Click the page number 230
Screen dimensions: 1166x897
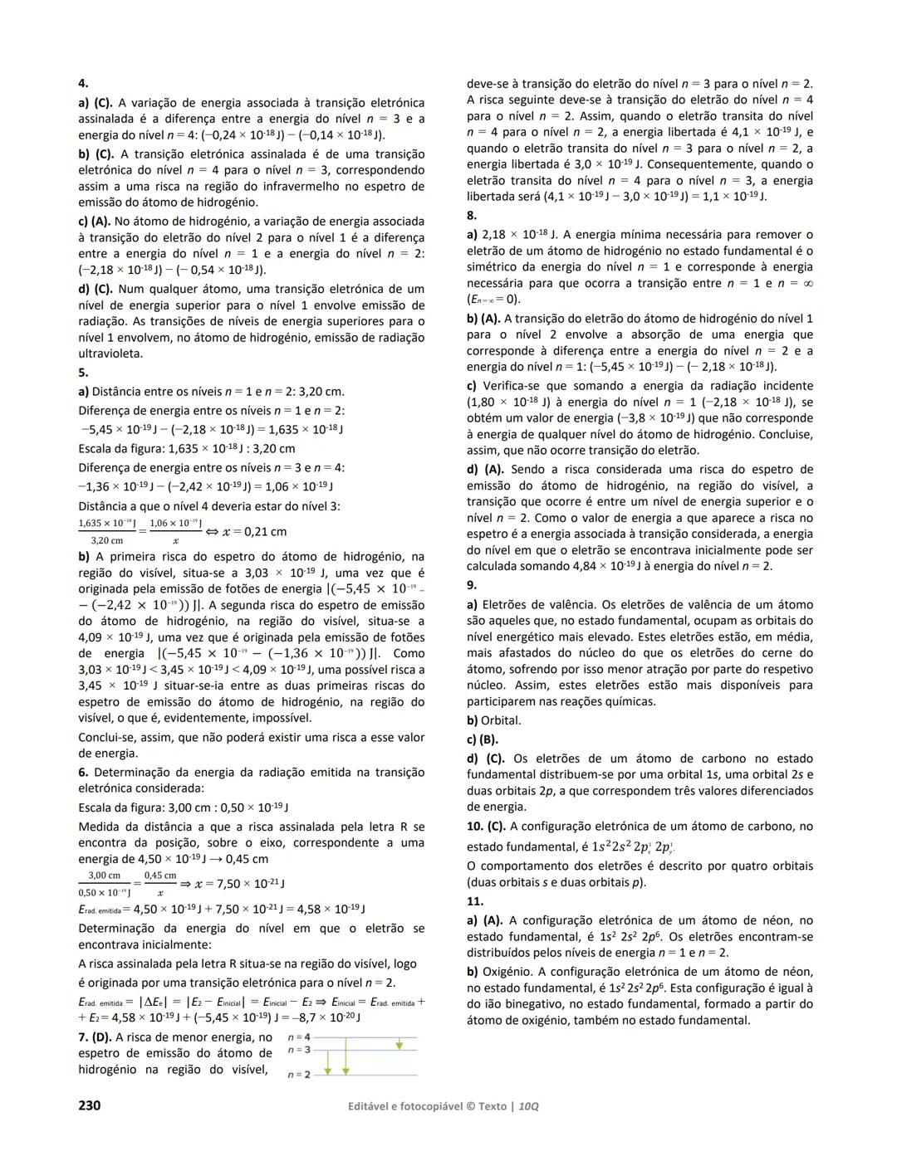[x=89, y=1105]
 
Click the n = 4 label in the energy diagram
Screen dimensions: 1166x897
[x=299, y=1037]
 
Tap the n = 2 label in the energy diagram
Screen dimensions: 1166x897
[x=299, y=1075]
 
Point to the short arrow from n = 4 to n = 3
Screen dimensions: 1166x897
[x=399, y=1043]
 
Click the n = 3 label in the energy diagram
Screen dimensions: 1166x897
[x=299, y=1050]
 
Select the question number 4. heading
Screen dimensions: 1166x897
[x=83, y=84]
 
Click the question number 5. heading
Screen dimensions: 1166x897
[x=83, y=373]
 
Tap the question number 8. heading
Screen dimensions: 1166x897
[x=472, y=216]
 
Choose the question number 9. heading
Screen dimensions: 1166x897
[x=472, y=585]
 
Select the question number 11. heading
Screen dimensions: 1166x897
[x=474, y=901]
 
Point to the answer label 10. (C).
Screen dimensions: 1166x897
[x=486, y=827]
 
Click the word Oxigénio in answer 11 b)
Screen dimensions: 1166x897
[x=507, y=972]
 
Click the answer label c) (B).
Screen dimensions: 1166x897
[x=483, y=739]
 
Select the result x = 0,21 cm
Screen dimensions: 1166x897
[x=253, y=532]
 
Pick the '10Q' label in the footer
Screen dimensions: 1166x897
[x=527, y=1107]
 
